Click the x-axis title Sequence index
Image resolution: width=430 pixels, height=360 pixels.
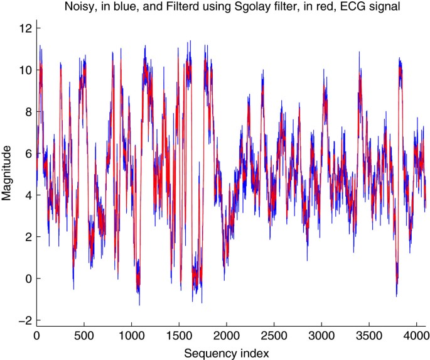[x=233, y=353]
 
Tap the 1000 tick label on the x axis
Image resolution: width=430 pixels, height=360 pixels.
[x=131, y=335]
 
